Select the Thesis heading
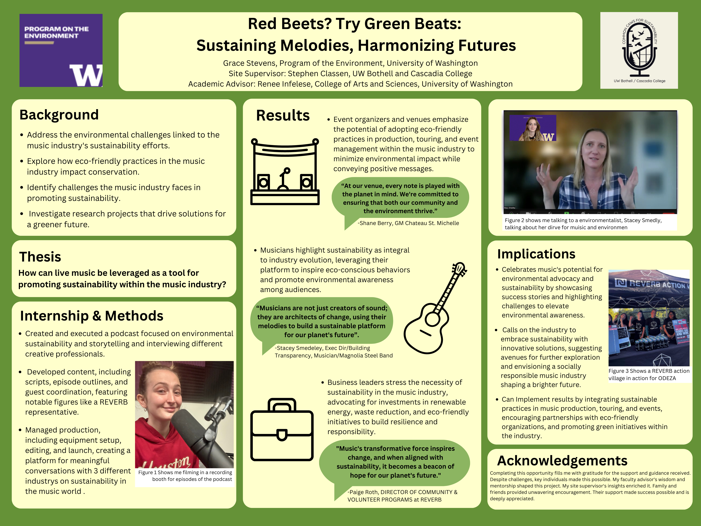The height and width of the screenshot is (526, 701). click(40, 257)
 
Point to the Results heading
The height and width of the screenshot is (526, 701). click(283, 115)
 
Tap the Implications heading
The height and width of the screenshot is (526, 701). click(536, 254)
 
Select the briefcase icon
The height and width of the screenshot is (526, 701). click(282, 429)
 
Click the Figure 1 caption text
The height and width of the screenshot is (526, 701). click(185, 476)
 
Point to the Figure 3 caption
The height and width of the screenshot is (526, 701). click(649, 374)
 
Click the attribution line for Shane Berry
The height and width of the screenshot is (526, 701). click(408, 223)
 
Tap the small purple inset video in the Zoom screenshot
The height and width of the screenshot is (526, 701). click(533, 128)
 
